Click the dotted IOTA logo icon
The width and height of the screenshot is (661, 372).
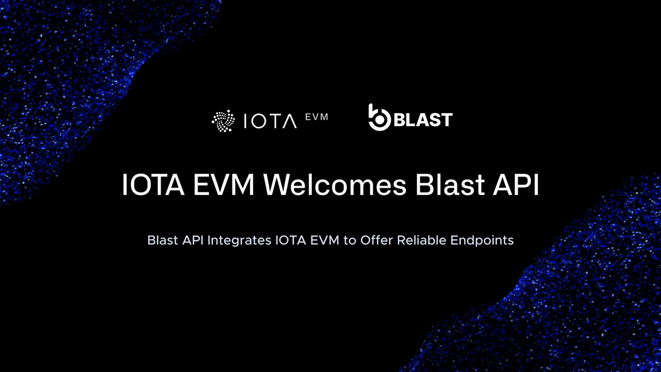(223, 121)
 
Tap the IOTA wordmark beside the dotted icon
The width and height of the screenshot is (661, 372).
(270, 122)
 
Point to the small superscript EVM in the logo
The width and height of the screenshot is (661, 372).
(317, 117)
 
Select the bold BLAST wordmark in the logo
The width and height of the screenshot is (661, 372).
(423, 120)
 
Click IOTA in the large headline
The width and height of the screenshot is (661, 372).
(153, 184)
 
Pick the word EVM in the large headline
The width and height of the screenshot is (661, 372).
(224, 184)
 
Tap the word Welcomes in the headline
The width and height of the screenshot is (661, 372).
(334, 184)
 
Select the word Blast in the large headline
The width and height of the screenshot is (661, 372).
(449, 184)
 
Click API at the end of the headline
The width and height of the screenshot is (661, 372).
(516, 184)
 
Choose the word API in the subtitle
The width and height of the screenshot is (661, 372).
(192, 240)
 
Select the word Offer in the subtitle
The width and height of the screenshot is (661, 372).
(377, 240)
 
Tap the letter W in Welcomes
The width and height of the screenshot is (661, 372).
(280, 184)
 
